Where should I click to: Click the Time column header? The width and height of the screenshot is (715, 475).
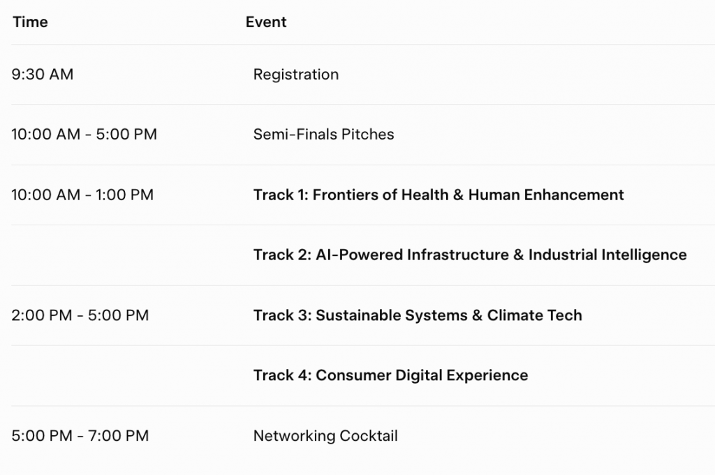point(30,22)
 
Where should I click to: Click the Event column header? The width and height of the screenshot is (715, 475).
point(266,22)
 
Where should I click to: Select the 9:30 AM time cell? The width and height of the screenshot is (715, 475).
point(43,74)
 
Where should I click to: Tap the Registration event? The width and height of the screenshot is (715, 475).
point(296,75)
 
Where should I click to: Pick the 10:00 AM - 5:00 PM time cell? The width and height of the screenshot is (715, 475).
point(84,135)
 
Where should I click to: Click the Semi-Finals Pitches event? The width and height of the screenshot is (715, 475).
point(324,135)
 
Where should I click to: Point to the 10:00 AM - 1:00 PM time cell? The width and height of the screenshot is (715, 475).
point(82,195)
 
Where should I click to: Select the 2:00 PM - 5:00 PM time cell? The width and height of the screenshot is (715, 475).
point(80,315)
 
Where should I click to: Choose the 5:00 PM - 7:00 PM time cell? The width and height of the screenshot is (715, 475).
point(80,436)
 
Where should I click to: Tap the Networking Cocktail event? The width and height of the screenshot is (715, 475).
point(325,436)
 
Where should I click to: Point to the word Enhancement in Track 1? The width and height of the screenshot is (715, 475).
point(574,195)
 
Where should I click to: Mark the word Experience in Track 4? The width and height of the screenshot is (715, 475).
point(487,376)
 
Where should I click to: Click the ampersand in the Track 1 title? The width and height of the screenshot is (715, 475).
point(458,195)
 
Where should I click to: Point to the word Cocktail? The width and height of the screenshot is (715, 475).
point(369,436)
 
